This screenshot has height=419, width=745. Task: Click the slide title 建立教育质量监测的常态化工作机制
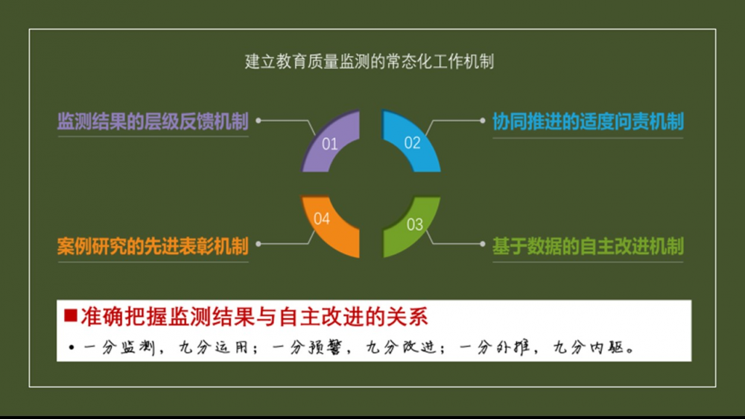pyautogui.click(x=370, y=62)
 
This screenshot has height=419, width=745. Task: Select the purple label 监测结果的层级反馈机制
pyautogui.click(x=153, y=122)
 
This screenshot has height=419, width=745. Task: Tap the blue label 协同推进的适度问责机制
pyautogui.click(x=588, y=122)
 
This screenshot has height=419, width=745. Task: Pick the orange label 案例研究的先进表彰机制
pyautogui.click(x=153, y=245)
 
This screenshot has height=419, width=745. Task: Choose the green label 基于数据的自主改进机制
pyautogui.click(x=588, y=245)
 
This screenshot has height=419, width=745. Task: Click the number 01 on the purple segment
pyautogui.click(x=330, y=145)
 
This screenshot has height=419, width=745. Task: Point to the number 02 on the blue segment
pyautogui.click(x=413, y=142)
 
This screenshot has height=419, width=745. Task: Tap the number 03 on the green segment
pyautogui.click(x=415, y=224)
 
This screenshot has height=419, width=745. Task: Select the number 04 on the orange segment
pyautogui.click(x=322, y=218)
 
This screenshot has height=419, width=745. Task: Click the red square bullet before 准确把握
pyautogui.click(x=71, y=315)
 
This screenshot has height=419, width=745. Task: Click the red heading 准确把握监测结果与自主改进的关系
pyautogui.click(x=254, y=316)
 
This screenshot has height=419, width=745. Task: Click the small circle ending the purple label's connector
pyautogui.click(x=259, y=120)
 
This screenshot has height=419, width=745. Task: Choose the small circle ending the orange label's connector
pyautogui.click(x=259, y=244)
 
